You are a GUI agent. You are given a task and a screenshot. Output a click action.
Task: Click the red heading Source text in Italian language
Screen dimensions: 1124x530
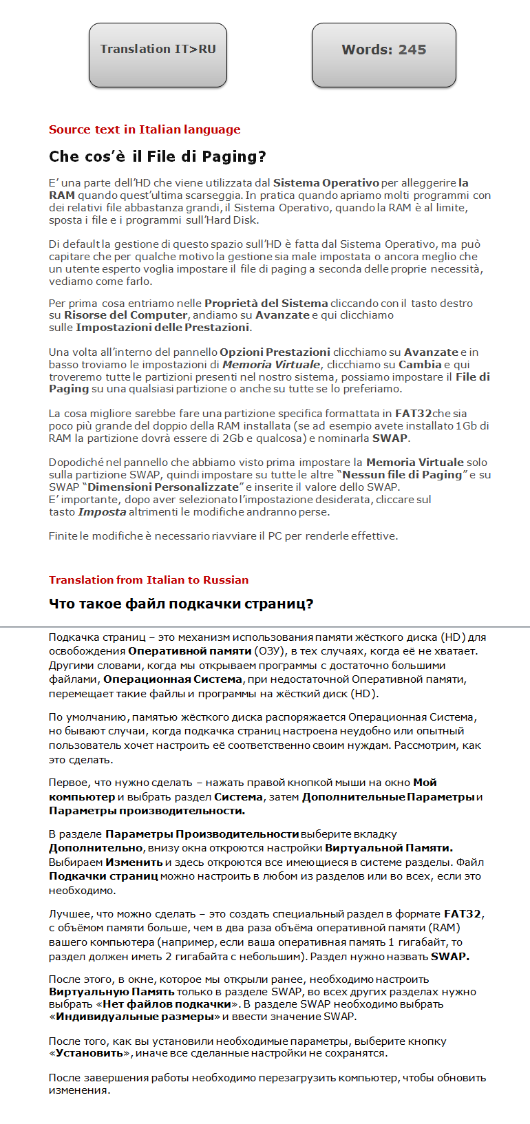click(145, 129)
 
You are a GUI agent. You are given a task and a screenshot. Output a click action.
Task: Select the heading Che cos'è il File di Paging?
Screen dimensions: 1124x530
click(157, 156)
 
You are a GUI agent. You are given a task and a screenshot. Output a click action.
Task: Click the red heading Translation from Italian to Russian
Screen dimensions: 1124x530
click(149, 580)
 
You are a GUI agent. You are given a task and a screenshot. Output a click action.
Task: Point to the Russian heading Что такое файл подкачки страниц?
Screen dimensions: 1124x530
click(181, 604)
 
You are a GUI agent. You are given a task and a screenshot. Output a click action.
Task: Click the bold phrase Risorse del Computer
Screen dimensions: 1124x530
click(125, 315)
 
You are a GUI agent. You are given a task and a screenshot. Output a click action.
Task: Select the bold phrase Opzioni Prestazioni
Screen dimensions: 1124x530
click(275, 352)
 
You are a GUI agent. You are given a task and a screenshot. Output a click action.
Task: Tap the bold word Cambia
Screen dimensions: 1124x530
click(420, 364)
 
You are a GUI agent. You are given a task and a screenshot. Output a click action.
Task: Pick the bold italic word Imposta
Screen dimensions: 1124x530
click(102, 511)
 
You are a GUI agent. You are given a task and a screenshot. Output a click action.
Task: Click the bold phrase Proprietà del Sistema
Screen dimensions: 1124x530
click(266, 303)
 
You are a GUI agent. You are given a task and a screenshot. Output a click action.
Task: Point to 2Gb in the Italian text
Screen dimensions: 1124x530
click(232, 438)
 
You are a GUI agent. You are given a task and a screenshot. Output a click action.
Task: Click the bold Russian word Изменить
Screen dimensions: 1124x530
click(134, 862)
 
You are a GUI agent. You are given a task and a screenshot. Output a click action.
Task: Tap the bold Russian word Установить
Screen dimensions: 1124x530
click(89, 1052)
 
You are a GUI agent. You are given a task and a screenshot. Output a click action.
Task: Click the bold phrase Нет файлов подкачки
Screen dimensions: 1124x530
click(167, 1004)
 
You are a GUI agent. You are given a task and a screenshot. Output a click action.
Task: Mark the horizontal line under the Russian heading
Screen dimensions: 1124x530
click(265, 627)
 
